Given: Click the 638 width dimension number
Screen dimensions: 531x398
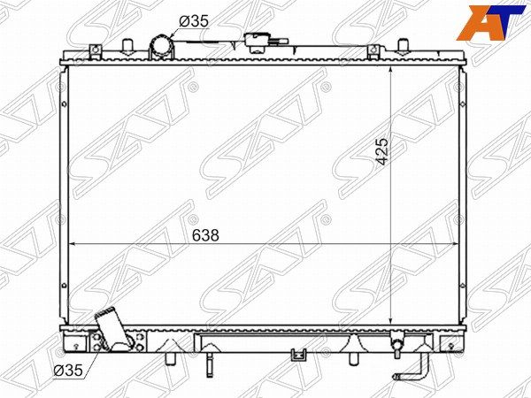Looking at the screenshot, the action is [205, 235].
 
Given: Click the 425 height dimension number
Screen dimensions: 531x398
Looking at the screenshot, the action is [382, 151].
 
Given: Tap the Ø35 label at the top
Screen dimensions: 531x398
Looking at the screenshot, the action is [194, 21].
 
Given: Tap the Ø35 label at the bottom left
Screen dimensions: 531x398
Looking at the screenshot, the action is [68, 371].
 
